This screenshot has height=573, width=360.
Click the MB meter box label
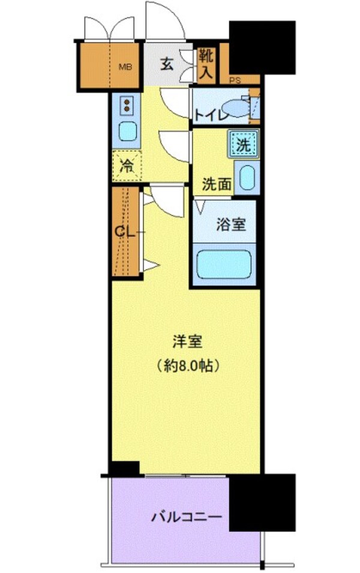click(124, 67)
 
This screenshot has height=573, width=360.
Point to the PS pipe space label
click(233, 79)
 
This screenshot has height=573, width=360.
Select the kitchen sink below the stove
click(127, 130)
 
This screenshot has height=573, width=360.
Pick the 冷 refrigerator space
click(127, 166)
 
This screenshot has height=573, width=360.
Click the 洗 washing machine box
click(243, 144)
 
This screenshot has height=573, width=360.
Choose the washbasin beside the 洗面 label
click(247, 178)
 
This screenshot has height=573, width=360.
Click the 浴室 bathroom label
click(230, 225)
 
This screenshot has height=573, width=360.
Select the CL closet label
click(124, 231)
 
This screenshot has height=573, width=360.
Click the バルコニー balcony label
click(179, 517)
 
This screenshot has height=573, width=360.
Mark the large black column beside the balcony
click(262, 502)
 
